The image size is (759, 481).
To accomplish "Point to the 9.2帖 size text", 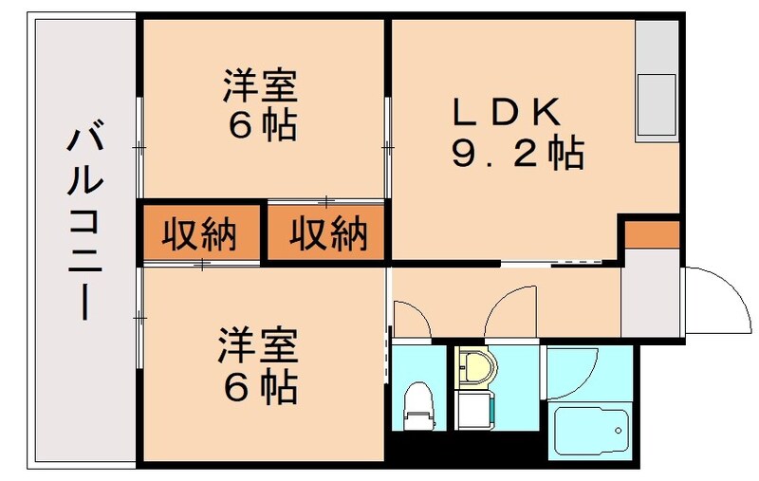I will point(516,153).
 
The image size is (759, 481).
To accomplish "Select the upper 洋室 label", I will point(260,87).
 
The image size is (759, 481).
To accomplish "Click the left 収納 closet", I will point(199,233).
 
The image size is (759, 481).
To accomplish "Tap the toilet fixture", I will point(417,403).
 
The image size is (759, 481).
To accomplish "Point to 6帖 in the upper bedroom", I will point(260,126).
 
